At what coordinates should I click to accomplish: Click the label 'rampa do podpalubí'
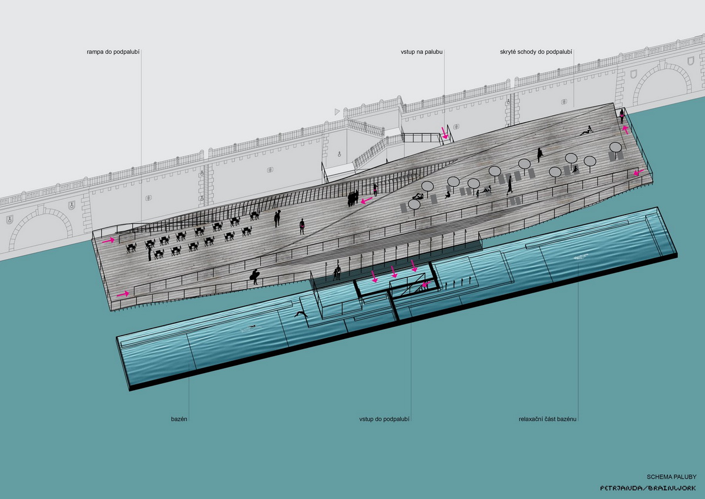coord(113,52)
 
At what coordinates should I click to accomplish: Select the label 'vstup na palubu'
coord(421,52)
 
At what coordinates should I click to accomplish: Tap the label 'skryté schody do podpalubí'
coord(536,52)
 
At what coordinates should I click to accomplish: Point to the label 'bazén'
coord(179,419)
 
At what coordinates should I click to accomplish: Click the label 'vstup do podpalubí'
coord(384,419)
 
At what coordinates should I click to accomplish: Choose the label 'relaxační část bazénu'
coord(548,419)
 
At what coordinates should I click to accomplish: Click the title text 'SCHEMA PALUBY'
coord(672,477)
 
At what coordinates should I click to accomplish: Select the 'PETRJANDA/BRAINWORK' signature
coord(647,488)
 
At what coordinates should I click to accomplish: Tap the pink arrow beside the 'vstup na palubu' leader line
coord(444,133)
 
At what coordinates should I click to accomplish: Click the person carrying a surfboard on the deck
coord(254,277)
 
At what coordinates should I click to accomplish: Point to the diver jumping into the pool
coord(301,314)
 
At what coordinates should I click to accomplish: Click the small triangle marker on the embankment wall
coord(337,112)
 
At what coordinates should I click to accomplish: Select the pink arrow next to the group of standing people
coord(367,200)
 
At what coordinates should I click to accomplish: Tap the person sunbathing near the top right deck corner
coord(587,131)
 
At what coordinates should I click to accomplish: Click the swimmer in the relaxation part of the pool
coord(580,257)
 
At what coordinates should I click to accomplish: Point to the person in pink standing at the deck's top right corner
coord(622,116)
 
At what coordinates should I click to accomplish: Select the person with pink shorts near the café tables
coord(302,226)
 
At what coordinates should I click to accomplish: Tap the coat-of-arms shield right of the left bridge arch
coord(72,205)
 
